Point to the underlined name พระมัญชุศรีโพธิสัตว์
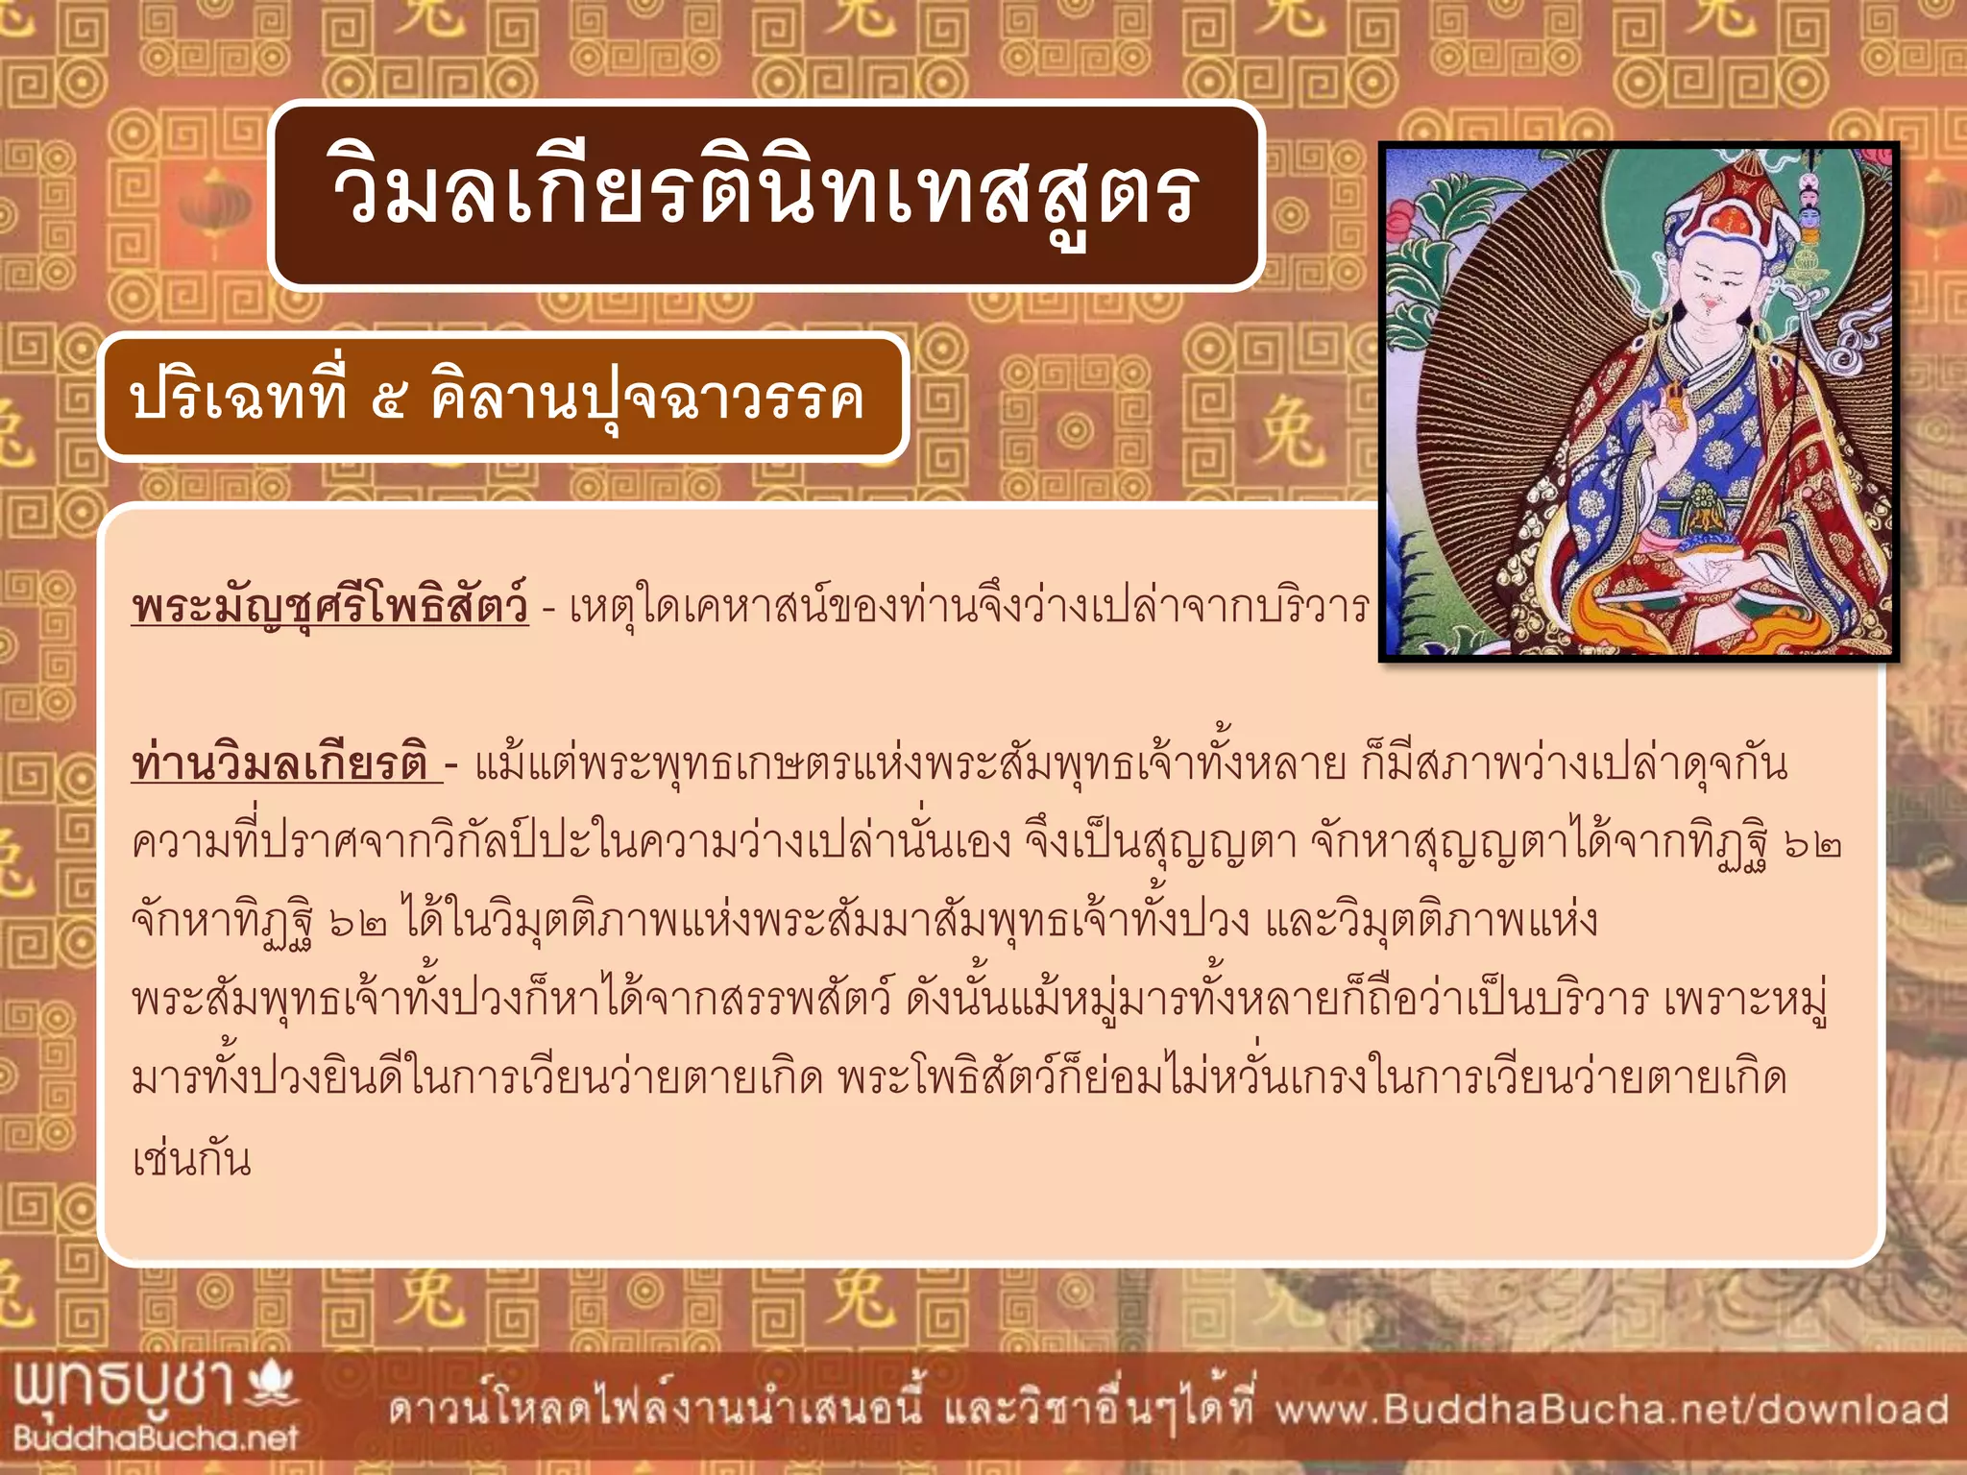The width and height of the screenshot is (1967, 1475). (329, 607)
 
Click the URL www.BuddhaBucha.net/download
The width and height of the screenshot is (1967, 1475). (1612, 1410)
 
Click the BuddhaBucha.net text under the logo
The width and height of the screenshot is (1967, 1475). (156, 1438)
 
